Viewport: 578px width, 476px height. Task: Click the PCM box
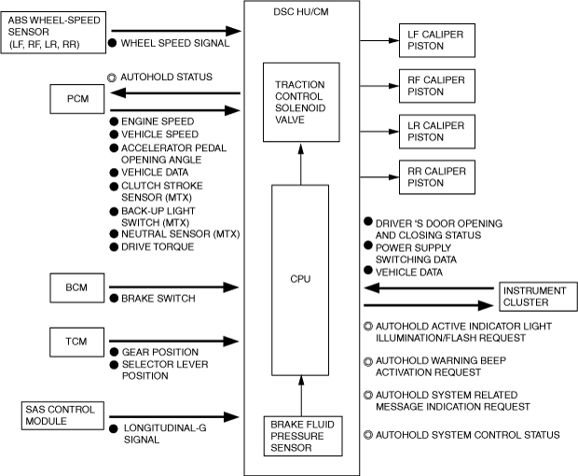click(x=77, y=97)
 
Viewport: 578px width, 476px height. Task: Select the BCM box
click(x=77, y=288)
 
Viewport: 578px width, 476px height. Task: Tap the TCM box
click(x=77, y=341)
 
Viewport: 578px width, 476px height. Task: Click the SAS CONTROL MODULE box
click(x=55, y=416)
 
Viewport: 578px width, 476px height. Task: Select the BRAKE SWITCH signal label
click(x=158, y=299)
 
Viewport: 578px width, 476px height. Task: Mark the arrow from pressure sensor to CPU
click(x=300, y=392)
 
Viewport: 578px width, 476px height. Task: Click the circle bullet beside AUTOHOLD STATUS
click(x=113, y=77)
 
